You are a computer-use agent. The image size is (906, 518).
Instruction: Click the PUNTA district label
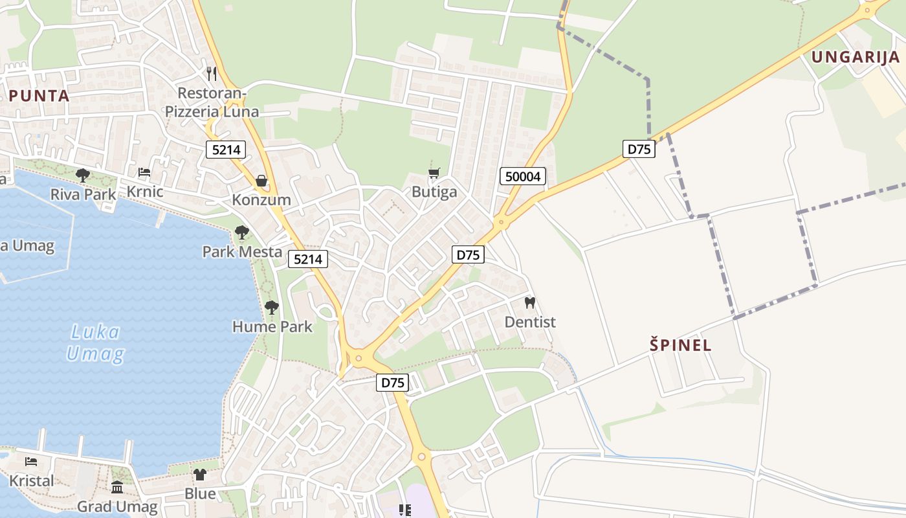39,96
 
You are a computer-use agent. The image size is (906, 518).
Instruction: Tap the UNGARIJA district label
856,57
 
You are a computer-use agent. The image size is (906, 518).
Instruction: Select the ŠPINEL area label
681,345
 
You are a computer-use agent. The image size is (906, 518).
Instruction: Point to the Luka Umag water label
95,344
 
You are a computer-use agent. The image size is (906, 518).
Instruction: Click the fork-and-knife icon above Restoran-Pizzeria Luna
212,73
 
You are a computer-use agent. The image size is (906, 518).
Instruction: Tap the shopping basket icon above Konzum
261,180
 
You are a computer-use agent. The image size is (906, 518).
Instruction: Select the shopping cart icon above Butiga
434,173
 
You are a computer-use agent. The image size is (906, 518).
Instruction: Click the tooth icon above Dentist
529,302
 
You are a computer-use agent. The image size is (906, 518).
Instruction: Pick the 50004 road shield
523,176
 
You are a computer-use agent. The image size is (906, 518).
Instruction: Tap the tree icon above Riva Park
82,175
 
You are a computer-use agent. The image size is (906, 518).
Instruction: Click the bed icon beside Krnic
144,172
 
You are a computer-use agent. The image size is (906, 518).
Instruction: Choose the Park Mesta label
242,252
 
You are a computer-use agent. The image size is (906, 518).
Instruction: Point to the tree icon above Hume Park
272,307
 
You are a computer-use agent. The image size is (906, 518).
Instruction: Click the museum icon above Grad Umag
117,487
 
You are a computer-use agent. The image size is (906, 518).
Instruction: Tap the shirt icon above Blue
200,475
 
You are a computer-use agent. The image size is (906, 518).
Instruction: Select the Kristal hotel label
31,481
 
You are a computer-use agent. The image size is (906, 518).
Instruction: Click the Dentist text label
530,322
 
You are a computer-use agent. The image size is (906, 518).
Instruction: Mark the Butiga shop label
434,192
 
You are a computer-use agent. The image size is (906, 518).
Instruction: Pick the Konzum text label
261,200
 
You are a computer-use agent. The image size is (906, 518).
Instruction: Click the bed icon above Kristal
31,462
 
